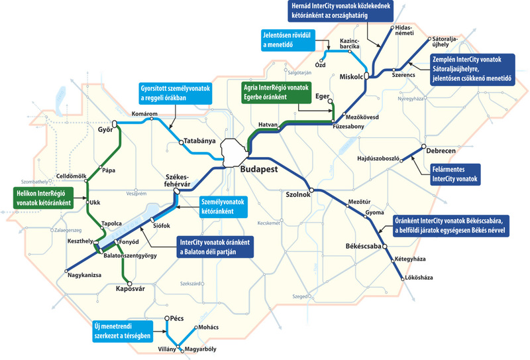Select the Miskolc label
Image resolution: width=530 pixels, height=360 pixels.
(x=352, y=77)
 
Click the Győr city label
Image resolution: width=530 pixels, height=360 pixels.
(x=105, y=129)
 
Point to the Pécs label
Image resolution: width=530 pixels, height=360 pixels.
(x=176, y=319)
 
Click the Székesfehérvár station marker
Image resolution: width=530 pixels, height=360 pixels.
(x=176, y=191)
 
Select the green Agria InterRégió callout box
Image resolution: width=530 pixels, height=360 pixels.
(x=276, y=92)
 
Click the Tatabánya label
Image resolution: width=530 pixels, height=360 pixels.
(x=201, y=142)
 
